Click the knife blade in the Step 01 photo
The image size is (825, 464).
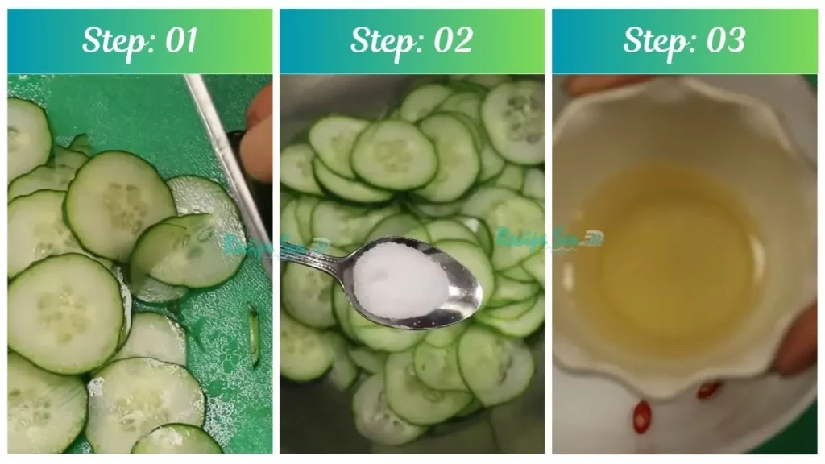230,161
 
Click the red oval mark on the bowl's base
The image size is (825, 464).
641,416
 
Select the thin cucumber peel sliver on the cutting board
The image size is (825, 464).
253,334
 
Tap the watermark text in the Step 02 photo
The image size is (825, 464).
548,238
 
